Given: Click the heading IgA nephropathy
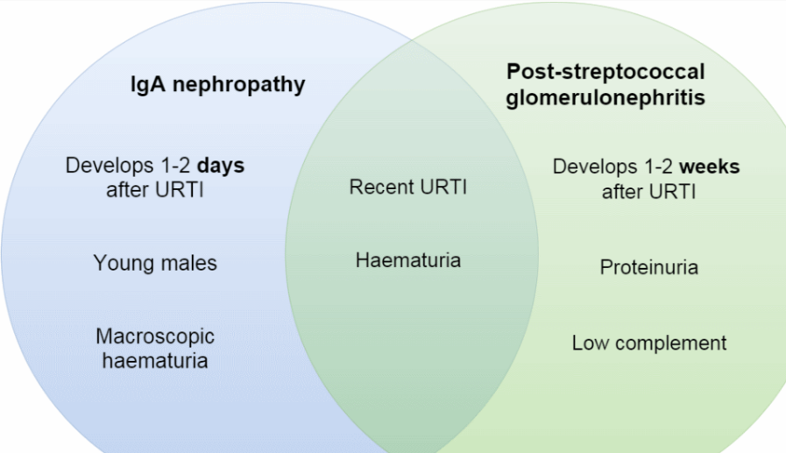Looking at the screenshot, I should (217, 84).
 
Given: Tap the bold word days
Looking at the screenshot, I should (219, 166).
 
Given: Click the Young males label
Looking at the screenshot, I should (155, 262).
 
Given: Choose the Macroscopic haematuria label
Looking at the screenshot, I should (155, 348).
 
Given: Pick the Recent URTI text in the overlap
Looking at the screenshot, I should (408, 187).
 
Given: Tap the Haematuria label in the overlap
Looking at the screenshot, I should (408, 260).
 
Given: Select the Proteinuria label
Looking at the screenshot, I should (648, 267).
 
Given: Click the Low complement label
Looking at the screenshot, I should (648, 343).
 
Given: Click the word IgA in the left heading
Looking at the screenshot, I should (146, 84).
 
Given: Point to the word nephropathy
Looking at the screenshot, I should (237, 85).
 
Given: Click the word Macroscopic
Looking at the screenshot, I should (155, 336).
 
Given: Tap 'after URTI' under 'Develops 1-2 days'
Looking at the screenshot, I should (155, 189).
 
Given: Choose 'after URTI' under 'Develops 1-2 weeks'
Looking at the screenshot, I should (648, 191).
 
